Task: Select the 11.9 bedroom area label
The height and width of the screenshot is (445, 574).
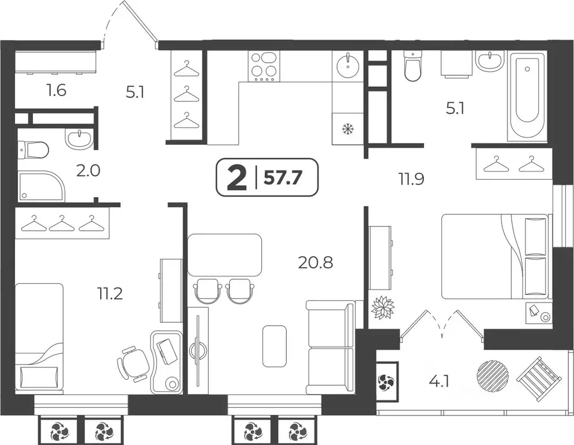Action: click(411, 178)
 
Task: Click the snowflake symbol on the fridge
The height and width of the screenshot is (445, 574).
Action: click(348, 129)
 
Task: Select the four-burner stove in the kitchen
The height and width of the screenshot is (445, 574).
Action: click(264, 65)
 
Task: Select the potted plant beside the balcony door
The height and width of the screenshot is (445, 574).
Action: click(383, 307)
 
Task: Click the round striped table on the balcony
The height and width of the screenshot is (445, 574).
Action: click(492, 375)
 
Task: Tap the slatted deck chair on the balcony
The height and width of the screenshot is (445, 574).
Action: click(539, 378)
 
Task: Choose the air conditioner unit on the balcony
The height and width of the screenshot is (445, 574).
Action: click(386, 381)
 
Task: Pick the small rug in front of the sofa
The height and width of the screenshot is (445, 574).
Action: click(274, 346)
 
